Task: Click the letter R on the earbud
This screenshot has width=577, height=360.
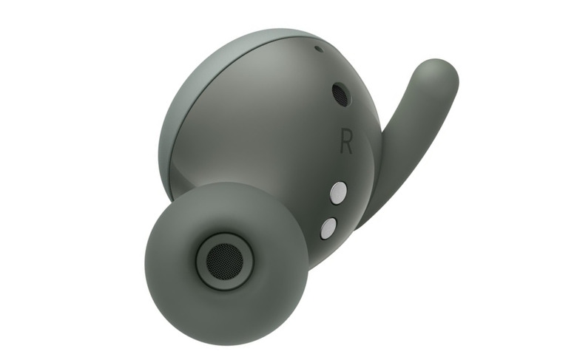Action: click(346, 141)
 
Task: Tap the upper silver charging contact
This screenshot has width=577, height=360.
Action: click(339, 193)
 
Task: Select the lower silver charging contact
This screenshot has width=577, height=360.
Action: click(328, 228)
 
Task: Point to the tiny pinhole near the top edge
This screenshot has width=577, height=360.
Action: click(319, 49)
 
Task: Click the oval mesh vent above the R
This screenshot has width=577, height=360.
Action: click(341, 95)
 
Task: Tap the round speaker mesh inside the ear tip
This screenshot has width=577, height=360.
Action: click(224, 261)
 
